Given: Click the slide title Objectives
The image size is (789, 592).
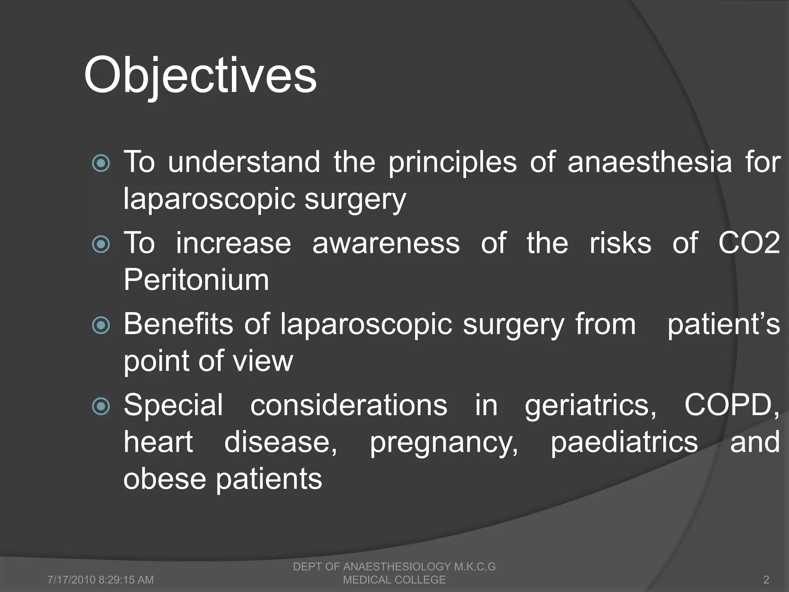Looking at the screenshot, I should (x=200, y=75).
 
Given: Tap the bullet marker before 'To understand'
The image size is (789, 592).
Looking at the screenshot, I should (x=101, y=163).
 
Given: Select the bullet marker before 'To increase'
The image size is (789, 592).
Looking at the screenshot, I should (x=101, y=244).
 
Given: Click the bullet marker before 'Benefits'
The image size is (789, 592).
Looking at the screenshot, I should (x=101, y=325).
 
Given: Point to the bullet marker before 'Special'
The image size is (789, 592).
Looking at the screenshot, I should (x=101, y=406).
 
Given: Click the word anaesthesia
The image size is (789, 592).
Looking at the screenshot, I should (x=650, y=162).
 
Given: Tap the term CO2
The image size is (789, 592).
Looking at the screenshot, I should (x=749, y=243).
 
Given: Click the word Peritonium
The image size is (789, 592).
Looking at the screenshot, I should (x=196, y=280).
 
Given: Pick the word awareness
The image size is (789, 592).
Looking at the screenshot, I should (x=386, y=244).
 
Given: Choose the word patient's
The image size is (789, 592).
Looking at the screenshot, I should (x=724, y=325).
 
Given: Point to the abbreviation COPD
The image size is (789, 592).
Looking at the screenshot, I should (x=731, y=405).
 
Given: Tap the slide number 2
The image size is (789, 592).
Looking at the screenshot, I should (x=766, y=580).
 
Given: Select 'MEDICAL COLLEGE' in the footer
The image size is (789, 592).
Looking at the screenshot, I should (x=394, y=580).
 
